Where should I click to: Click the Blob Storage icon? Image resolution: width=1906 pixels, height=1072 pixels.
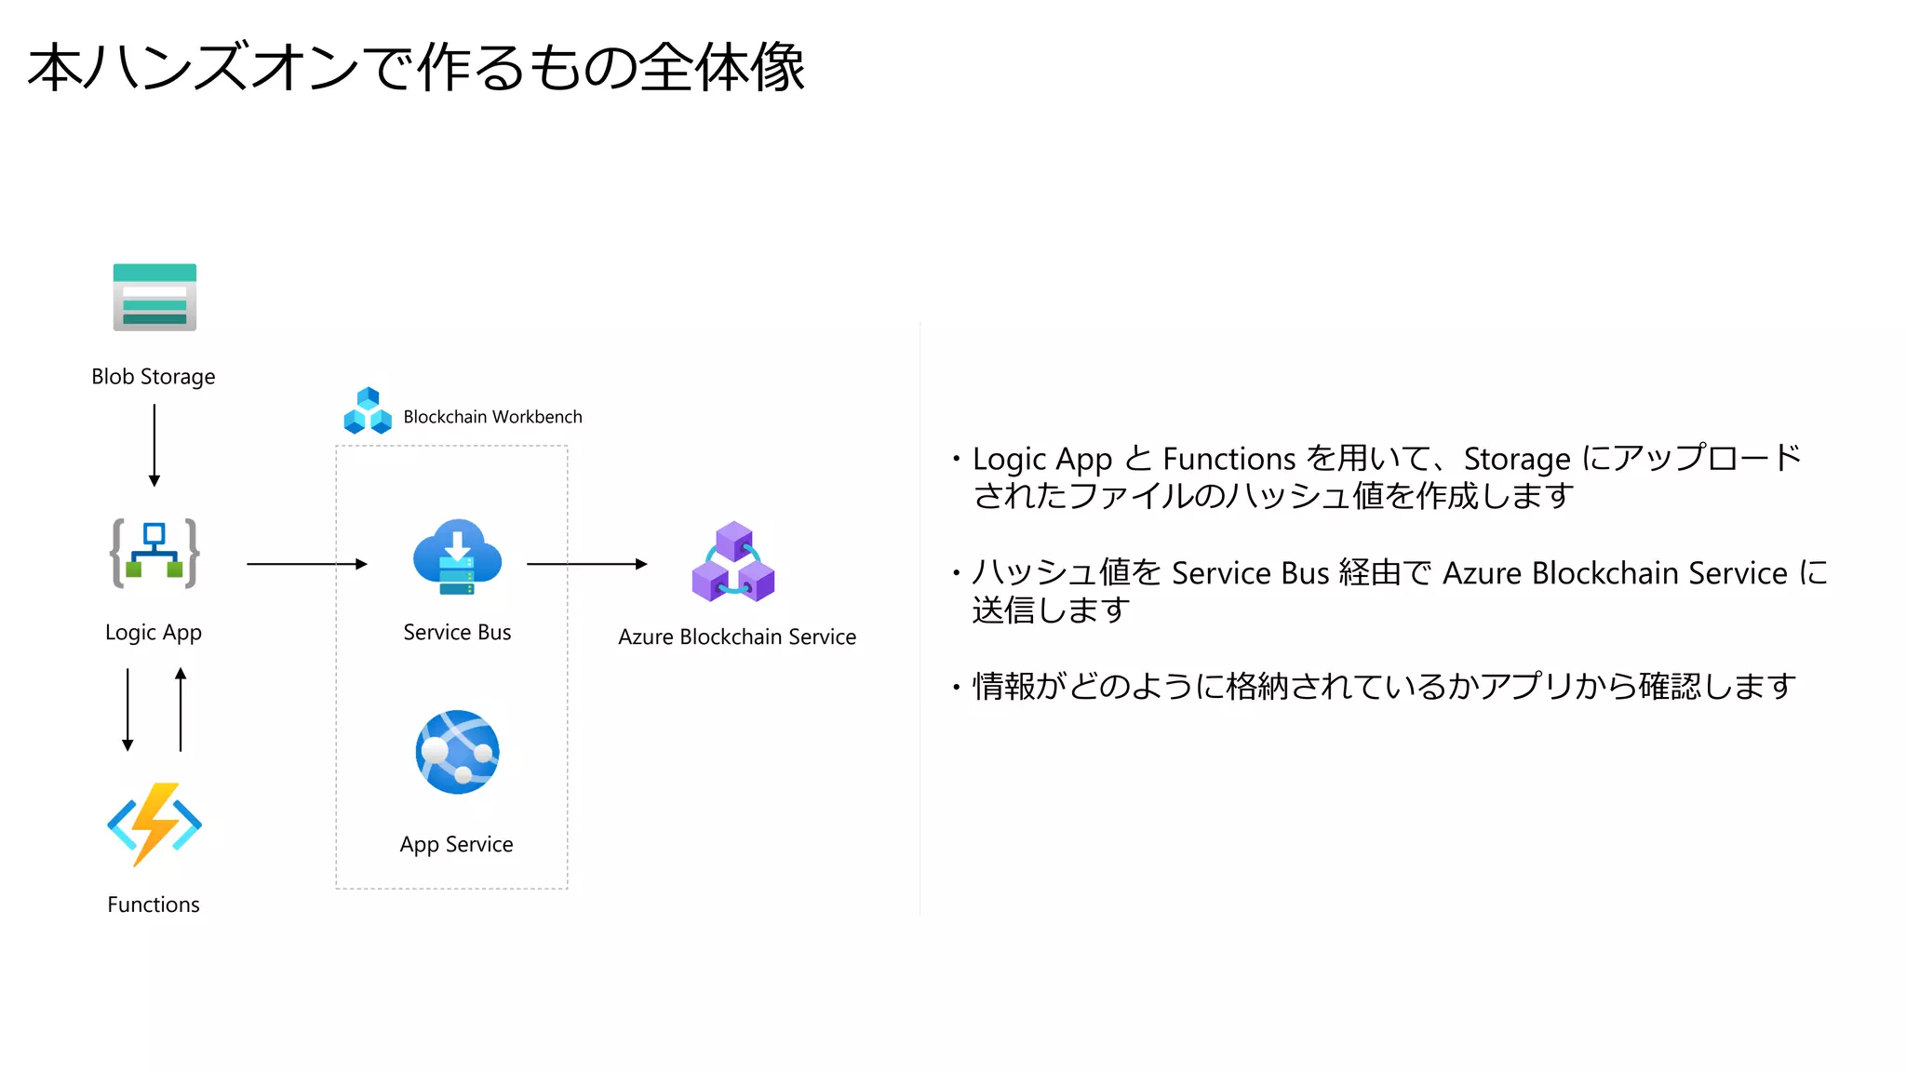[154, 297]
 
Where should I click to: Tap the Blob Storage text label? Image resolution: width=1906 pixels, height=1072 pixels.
[154, 377]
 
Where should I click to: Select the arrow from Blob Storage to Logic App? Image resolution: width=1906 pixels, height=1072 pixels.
[154, 445]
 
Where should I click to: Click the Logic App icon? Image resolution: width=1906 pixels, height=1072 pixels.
[154, 554]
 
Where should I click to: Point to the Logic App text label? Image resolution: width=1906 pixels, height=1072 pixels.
[154, 633]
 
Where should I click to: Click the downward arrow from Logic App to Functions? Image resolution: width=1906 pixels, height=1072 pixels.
[128, 709]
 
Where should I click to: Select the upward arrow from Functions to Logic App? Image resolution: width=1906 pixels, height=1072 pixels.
[181, 709]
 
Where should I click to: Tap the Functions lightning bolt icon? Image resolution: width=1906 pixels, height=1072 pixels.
[154, 824]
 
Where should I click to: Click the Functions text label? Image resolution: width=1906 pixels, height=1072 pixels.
[154, 904]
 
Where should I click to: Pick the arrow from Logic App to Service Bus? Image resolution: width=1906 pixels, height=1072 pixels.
[307, 564]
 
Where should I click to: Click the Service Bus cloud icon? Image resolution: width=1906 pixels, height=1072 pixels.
[457, 556]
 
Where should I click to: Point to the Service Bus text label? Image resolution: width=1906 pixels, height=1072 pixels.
[457, 633]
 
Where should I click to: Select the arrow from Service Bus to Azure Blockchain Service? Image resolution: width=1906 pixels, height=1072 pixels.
[586, 564]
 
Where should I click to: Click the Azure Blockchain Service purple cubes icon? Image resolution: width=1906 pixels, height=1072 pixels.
[733, 562]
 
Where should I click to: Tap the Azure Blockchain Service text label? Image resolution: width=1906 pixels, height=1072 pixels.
[737, 637]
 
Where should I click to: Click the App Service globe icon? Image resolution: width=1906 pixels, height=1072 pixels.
[457, 752]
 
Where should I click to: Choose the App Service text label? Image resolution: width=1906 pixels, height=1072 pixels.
[456, 845]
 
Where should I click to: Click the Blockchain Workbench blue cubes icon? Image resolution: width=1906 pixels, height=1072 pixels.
[368, 411]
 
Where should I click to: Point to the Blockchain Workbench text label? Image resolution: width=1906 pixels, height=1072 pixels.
[492, 417]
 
